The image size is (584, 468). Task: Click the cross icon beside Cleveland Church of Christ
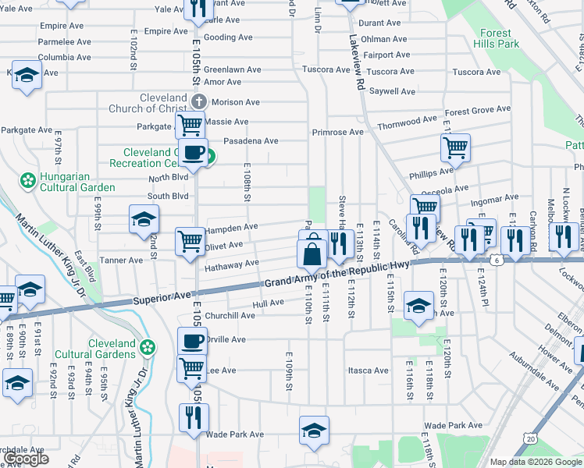point(199,101)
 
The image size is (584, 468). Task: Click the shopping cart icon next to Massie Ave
point(190,125)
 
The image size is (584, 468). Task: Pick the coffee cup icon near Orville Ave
point(192,340)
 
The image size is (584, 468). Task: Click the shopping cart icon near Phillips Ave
point(455,146)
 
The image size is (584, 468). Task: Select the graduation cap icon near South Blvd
point(144,219)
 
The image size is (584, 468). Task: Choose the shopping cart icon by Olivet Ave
point(190,241)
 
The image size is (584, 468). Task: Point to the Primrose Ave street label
point(338,133)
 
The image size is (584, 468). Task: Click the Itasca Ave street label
point(369,370)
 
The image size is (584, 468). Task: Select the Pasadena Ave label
point(251,141)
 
